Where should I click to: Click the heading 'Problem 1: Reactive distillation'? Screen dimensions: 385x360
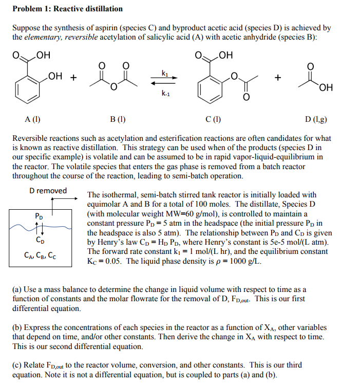pos(67,9)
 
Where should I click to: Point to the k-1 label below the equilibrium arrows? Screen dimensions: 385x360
pos(164,94)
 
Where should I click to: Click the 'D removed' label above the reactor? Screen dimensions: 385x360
pos(48,191)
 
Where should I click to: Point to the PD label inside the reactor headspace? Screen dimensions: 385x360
pos(39,216)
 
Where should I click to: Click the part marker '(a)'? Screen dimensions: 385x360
pos(17,290)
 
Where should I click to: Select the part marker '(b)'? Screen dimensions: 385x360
pos(17,327)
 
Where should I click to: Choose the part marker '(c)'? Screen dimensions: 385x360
pos(17,365)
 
